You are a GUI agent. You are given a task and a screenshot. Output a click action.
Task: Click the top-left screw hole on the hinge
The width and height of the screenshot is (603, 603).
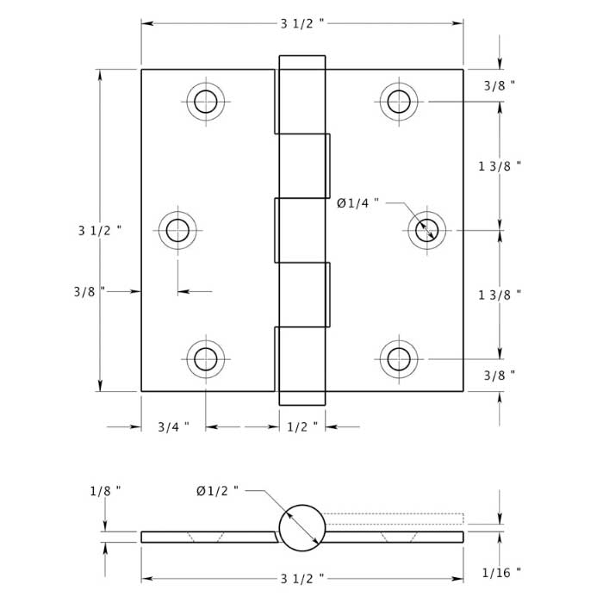(x=206, y=102)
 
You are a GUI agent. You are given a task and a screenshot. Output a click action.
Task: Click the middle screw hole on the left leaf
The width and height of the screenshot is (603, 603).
(x=177, y=230)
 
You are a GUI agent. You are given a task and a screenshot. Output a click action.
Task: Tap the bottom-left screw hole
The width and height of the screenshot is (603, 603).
(x=206, y=358)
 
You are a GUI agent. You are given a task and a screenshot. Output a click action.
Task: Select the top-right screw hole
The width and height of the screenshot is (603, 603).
(x=399, y=102)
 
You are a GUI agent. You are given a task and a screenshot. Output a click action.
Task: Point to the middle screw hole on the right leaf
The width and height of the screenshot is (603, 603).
(x=426, y=230)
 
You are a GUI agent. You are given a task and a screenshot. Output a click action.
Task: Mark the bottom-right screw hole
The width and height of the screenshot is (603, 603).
(x=399, y=358)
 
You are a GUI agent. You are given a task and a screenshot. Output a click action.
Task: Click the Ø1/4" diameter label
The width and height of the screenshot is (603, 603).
(x=357, y=203)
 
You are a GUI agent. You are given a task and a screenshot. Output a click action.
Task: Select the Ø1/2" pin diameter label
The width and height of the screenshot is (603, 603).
(x=217, y=491)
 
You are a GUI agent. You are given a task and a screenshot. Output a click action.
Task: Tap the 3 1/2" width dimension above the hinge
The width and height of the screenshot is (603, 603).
(x=302, y=23)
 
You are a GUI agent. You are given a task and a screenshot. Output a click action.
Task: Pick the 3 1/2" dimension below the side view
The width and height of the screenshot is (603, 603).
(x=302, y=577)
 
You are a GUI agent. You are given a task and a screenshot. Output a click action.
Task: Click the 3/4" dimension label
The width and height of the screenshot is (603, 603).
(x=173, y=426)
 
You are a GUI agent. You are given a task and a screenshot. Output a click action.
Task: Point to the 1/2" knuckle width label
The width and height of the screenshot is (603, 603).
(x=302, y=426)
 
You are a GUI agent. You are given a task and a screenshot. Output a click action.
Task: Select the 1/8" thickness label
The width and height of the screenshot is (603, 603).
(x=105, y=491)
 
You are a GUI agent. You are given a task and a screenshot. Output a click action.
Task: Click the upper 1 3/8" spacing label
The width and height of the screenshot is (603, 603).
(x=500, y=166)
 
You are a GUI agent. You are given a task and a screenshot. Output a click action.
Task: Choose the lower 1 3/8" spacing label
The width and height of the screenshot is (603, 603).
(x=500, y=295)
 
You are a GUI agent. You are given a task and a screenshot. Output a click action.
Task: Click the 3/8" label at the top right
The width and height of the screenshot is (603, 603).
(x=500, y=85)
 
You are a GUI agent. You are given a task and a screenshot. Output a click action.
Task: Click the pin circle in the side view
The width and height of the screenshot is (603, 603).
(x=302, y=527)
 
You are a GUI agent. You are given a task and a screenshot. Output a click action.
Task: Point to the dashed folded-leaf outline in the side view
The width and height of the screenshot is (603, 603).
(x=396, y=519)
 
